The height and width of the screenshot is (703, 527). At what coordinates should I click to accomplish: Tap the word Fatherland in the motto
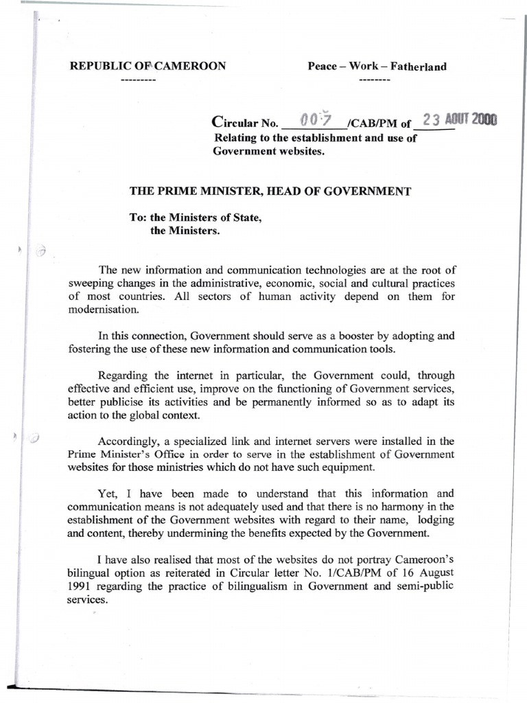click(x=419, y=67)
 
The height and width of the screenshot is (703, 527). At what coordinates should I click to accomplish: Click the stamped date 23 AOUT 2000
click(x=459, y=119)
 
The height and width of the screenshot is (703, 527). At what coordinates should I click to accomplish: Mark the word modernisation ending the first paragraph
click(x=104, y=310)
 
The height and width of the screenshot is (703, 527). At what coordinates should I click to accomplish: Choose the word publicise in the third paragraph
click(x=125, y=402)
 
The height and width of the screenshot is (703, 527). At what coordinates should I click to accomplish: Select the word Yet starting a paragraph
click(x=108, y=494)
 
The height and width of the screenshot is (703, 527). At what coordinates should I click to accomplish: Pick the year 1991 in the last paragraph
click(x=81, y=586)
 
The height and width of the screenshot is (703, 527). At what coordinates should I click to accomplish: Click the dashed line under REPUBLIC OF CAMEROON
click(x=138, y=80)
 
